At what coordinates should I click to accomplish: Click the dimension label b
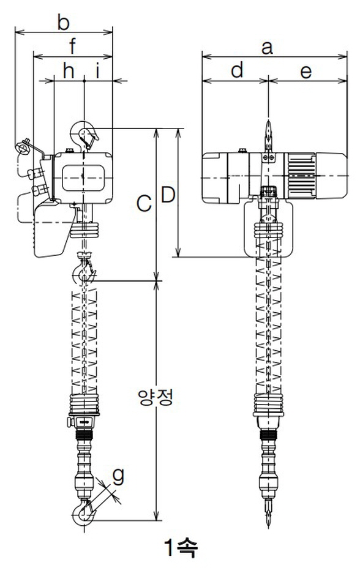point(63,22)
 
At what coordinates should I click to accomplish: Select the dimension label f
point(72,47)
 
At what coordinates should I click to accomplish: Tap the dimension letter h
point(69,70)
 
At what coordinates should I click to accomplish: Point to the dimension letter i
point(98,70)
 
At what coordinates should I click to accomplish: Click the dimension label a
point(267,48)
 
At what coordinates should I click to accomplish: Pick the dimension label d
point(238,70)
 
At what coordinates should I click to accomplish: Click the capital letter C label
point(144,203)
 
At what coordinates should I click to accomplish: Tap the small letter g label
point(118,476)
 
